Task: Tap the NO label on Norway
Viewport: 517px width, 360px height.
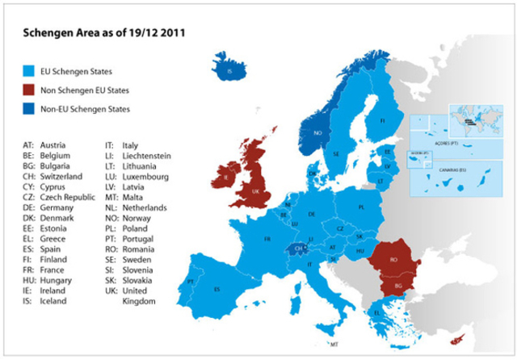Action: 317,133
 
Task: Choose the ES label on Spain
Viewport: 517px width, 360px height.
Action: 216,288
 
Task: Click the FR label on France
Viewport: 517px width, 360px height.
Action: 266,240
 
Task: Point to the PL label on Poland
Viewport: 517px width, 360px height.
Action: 361,207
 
